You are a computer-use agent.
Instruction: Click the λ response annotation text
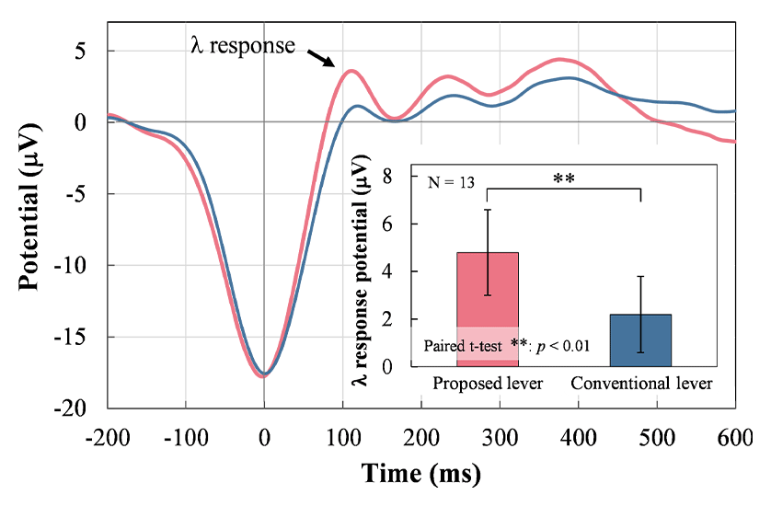[243, 45]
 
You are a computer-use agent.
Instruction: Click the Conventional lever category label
[641, 383]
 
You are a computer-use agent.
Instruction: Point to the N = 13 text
[452, 182]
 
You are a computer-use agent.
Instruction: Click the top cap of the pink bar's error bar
[488, 210]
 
